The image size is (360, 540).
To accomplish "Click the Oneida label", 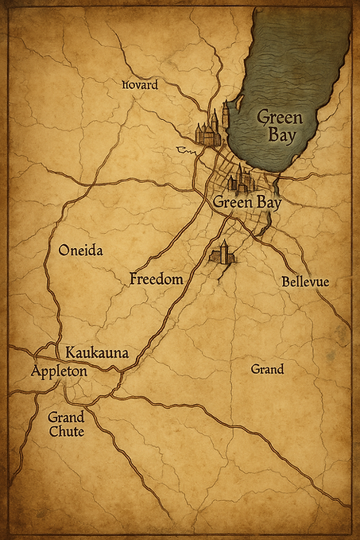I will (x=81, y=250).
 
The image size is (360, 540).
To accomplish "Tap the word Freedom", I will (x=157, y=279).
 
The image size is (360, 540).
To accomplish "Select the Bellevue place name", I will (x=305, y=282).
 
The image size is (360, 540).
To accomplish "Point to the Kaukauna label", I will (x=97, y=352).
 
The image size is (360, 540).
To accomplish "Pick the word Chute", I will (x=66, y=432).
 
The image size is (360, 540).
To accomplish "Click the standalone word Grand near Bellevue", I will (x=267, y=370).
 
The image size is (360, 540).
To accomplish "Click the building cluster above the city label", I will (x=240, y=181).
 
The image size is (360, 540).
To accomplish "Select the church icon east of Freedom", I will (x=222, y=253).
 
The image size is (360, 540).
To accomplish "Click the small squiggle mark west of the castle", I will (x=187, y=150).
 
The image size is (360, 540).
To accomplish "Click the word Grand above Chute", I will (x=66, y=417).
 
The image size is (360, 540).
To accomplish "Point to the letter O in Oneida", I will (x=64, y=250).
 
